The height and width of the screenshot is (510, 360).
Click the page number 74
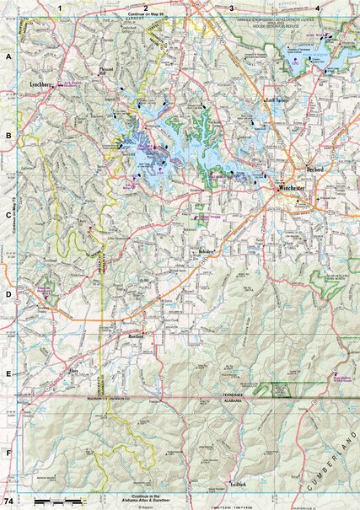click(x=8, y=502)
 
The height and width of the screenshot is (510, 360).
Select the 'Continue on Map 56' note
click(x=146, y=15)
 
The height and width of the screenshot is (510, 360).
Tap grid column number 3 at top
click(x=232, y=8)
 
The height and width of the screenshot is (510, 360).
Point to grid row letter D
click(x=8, y=295)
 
